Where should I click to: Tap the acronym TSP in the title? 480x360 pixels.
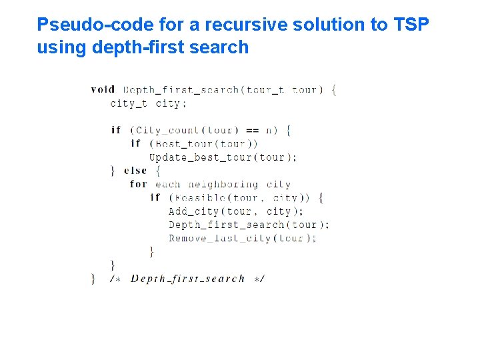(x=411, y=25)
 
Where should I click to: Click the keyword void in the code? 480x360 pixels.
(x=103, y=89)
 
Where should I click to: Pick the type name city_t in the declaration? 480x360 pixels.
(x=128, y=103)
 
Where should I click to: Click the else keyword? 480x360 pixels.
(x=135, y=171)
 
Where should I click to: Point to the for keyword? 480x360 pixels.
(x=139, y=184)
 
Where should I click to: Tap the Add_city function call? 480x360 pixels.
(x=193, y=211)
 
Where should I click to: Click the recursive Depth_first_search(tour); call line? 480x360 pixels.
(x=249, y=225)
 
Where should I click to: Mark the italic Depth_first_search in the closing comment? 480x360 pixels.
(x=188, y=279)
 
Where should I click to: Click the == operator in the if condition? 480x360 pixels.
(x=252, y=130)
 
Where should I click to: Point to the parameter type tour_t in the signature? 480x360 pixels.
(x=265, y=89)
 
